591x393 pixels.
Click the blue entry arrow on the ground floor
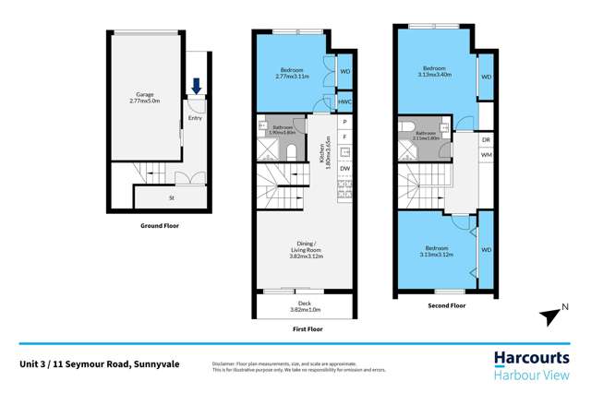(196, 86)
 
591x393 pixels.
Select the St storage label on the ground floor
(171, 197)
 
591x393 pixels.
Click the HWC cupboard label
(344, 101)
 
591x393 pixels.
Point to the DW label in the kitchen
(344, 168)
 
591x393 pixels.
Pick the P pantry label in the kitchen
(344, 122)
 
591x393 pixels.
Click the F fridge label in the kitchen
(344, 137)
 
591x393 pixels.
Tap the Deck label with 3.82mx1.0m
(304, 306)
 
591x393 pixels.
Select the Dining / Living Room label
(304, 248)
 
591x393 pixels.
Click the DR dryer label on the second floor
(486, 140)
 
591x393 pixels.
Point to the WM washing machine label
(486, 155)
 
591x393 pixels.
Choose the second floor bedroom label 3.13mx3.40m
(435, 72)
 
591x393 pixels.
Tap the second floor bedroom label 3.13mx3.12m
(435, 252)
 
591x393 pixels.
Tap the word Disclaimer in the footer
(227, 364)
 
